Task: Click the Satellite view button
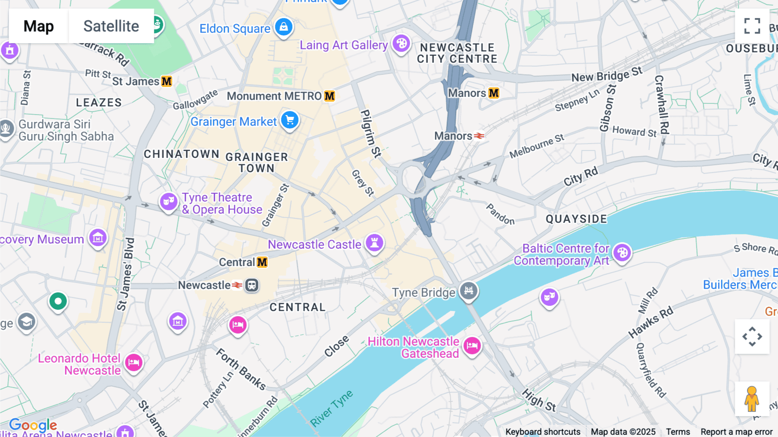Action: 111,26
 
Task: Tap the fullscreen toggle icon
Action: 752,26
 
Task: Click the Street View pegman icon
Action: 752,399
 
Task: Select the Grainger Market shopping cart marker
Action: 290,120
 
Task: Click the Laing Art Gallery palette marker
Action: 401,43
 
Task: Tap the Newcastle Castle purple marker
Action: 374,243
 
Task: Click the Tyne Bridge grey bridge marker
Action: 469,290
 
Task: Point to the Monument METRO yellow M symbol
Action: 330,96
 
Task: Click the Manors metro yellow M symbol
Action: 494,93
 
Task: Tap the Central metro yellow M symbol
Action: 262,262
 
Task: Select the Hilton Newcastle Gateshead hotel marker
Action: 472,346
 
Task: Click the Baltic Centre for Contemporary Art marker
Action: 622,253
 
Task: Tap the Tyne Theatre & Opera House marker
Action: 169,201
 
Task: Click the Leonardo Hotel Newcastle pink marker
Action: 134,362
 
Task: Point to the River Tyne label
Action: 332,408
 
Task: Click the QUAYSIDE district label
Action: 576,219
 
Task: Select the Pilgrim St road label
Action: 371,133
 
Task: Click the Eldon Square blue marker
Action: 284,27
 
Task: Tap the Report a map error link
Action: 737,432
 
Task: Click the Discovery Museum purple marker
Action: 98,238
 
